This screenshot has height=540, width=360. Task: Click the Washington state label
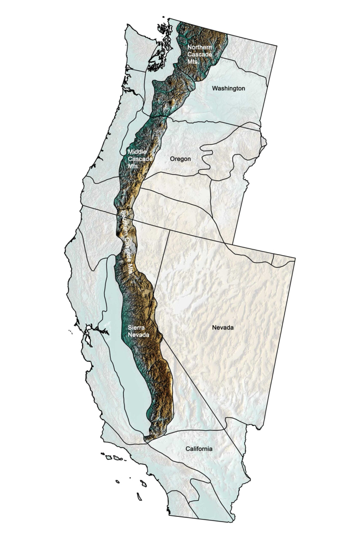(228, 88)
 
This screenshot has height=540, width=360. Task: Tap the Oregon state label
(180, 159)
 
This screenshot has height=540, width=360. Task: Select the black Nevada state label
(222, 327)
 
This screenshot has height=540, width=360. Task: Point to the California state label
(199, 448)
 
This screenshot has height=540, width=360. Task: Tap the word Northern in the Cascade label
(199, 47)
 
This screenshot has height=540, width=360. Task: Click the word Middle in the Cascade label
(137, 152)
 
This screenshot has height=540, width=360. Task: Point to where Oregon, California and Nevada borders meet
(170, 230)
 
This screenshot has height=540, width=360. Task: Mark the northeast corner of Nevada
(295, 258)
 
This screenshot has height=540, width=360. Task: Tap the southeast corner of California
(232, 522)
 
